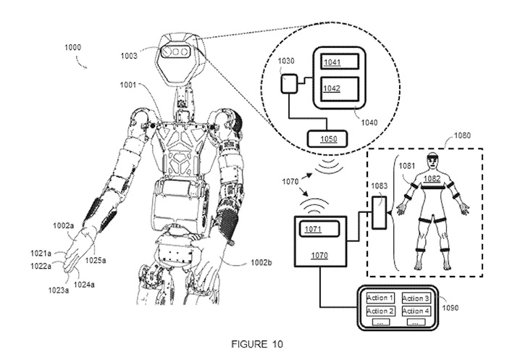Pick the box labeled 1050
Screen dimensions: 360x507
click(328, 138)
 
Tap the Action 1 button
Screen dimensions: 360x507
click(380, 298)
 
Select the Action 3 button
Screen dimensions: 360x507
click(415, 298)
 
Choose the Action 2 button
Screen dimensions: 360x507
click(380, 311)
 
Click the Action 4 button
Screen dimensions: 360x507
click(415, 311)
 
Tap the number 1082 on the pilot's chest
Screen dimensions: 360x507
click(432, 178)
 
